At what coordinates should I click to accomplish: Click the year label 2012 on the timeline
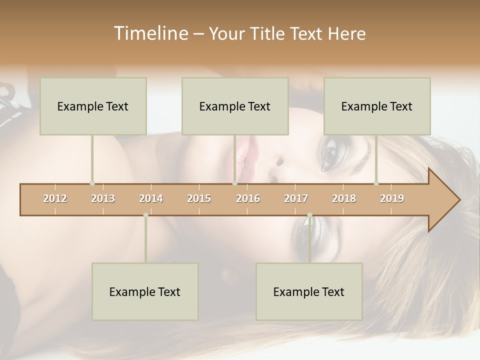pos(55,198)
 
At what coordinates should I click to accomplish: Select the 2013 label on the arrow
pos(103,198)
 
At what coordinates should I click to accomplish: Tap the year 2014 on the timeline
pos(151,198)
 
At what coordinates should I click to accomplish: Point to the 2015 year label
pos(199,198)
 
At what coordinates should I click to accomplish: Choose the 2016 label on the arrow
pos(248,198)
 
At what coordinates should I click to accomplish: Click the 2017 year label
pos(296,198)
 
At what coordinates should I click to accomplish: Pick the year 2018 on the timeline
pos(344,198)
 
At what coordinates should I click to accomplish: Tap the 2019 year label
pos(392,198)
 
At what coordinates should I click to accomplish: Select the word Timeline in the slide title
pos(149,33)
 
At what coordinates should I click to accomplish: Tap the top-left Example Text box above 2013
pos(93,106)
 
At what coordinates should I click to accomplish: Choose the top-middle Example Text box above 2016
pos(235,106)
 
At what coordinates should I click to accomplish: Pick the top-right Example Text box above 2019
pos(377,106)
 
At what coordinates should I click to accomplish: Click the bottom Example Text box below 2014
pos(145,291)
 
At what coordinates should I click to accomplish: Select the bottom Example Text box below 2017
pos(309,291)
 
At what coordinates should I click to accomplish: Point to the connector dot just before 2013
pos(92,183)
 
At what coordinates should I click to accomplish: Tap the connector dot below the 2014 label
pos(145,215)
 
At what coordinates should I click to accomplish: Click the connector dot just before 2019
pos(376,183)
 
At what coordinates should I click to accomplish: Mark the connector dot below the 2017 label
pos(309,215)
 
